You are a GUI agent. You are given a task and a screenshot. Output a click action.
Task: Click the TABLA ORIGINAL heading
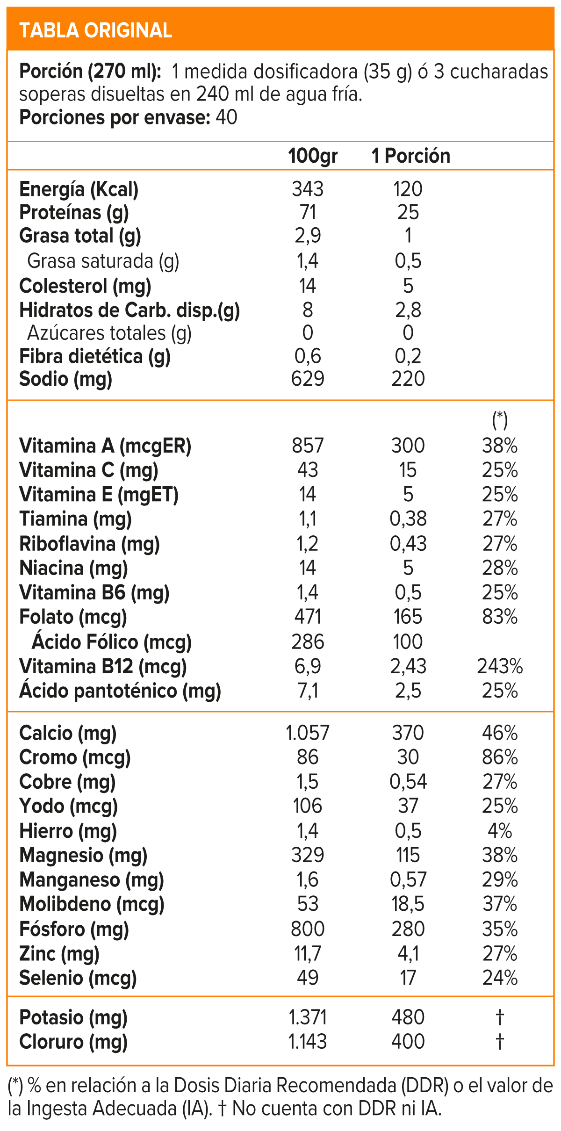click(95, 31)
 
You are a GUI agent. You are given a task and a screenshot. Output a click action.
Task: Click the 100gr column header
click(313, 156)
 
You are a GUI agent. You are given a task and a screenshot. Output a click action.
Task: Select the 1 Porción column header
click(411, 156)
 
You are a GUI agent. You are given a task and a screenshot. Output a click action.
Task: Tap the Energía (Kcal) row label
click(79, 189)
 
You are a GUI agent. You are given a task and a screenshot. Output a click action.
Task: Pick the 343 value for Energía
click(308, 189)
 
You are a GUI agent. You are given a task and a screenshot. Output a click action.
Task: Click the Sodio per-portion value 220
click(408, 379)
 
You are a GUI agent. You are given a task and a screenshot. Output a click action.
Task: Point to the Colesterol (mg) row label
click(85, 286)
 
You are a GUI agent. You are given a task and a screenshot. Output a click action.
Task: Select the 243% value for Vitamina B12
click(500, 666)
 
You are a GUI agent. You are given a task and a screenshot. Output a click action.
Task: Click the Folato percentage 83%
click(500, 617)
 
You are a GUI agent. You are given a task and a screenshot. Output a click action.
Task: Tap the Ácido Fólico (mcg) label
click(112, 642)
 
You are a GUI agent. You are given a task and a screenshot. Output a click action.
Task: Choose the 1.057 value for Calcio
click(308, 733)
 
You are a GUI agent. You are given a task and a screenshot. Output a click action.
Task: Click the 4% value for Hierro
click(500, 831)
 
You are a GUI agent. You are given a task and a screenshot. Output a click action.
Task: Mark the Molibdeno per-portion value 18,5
click(408, 904)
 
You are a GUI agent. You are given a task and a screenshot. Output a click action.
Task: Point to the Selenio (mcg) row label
click(78, 978)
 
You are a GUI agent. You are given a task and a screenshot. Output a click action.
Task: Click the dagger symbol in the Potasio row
click(500, 1017)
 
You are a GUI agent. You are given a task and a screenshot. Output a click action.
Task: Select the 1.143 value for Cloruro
click(308, 1042)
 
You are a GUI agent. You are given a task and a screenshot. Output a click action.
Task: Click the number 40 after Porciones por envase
click(227, 117)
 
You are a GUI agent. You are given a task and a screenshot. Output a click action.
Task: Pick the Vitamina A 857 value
click(308, 446)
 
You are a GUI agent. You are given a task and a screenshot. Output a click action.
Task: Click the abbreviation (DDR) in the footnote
click(425, 1086)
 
